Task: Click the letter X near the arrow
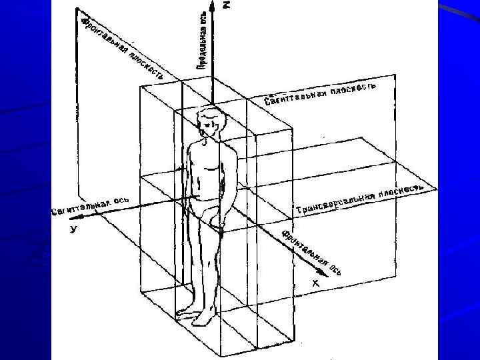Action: point(316,283)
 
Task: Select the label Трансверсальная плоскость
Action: point(360,201)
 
